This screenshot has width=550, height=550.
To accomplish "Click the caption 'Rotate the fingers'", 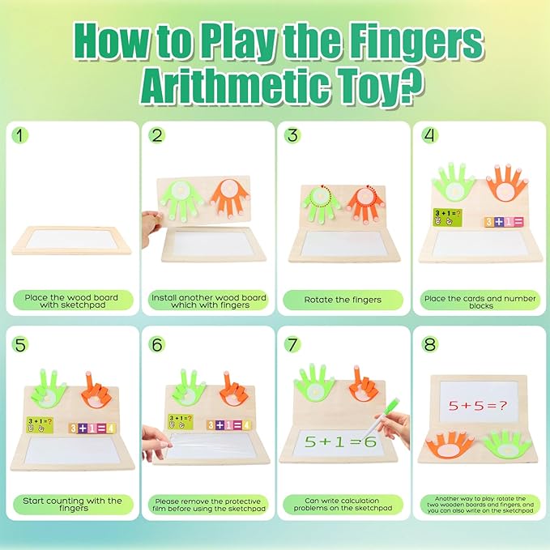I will pyautogui.click(x=343, y=300).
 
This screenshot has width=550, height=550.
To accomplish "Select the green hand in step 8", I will pyautogui.click(x=505, y=444).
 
